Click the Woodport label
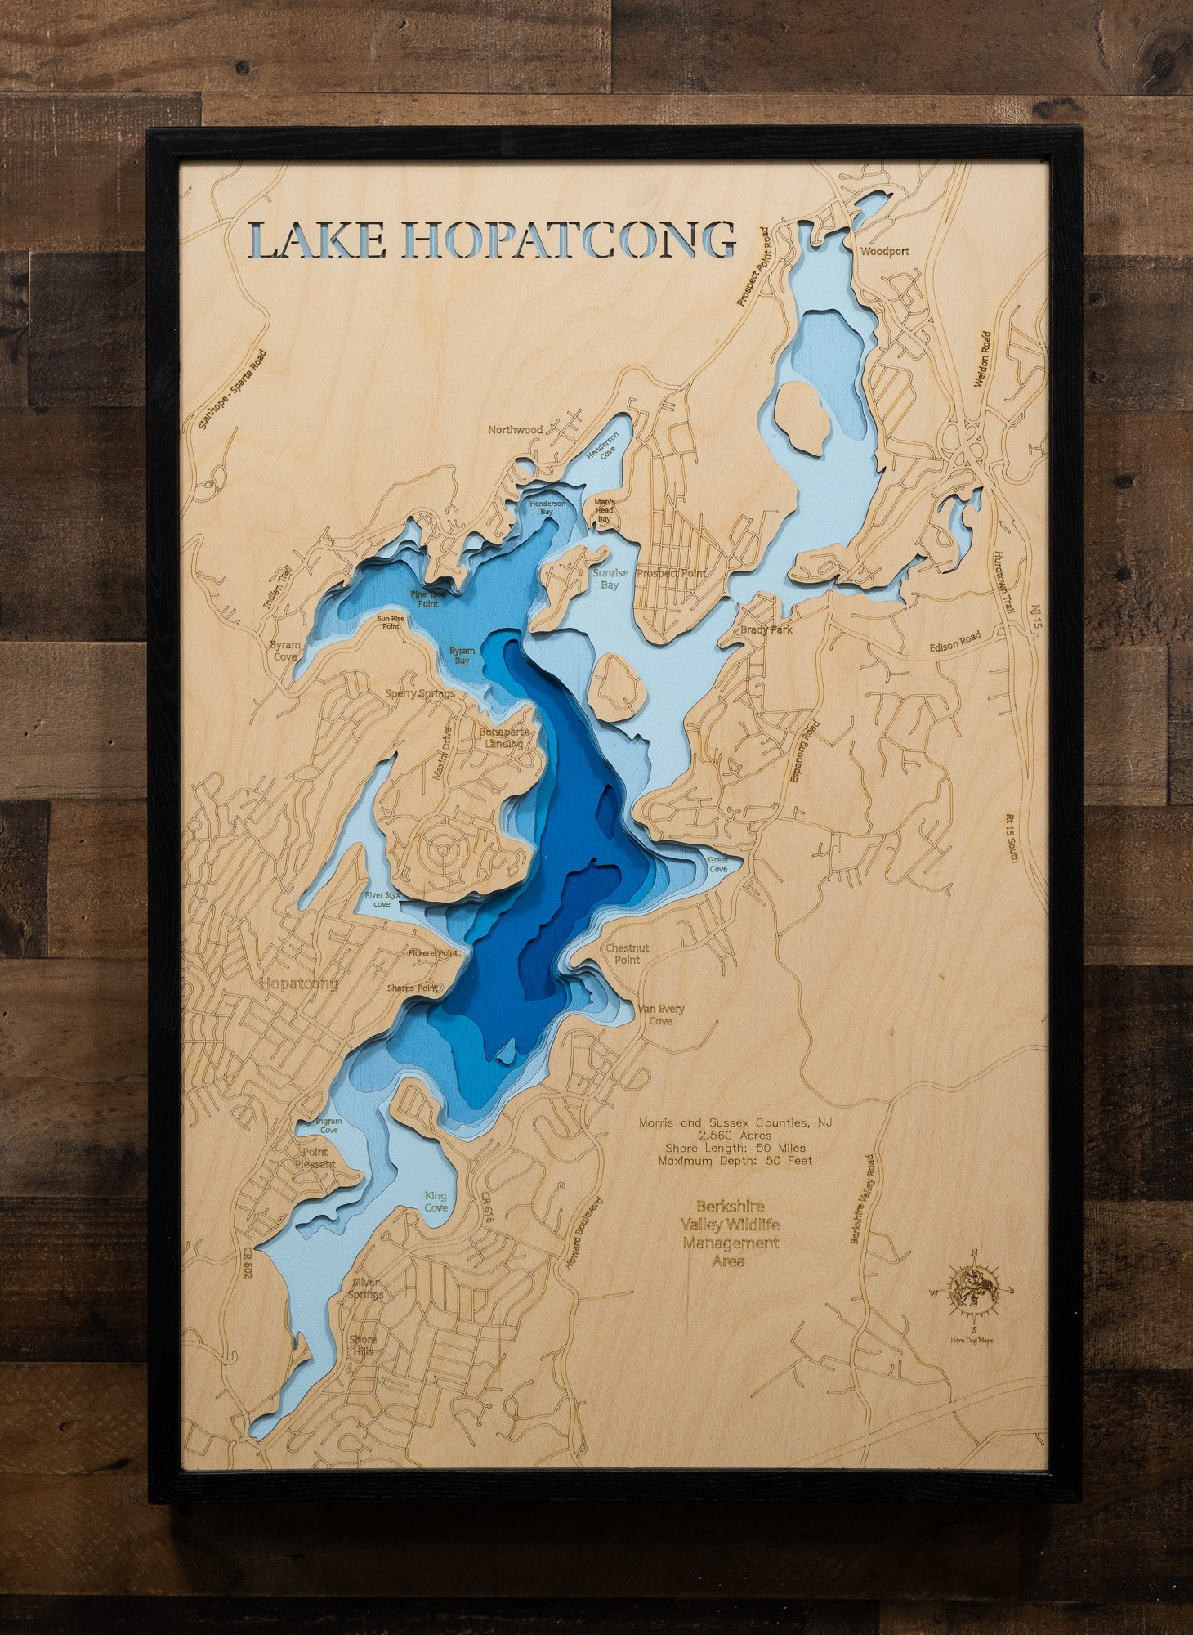click(x=884, y=252)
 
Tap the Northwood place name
click(x=515, y=429)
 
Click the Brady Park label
click(x=766, y=630)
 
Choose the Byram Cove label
click(x=285, y=651)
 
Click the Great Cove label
click(x=717, y=864)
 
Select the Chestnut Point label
click(x=627, y=954)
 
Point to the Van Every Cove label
click(x=661, y=1015)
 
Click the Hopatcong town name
click(x=298, y=983)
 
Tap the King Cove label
click(x=436, y=1202)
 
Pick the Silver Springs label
click(x=364, y=1289)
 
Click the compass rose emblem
click(x=972, y=1294)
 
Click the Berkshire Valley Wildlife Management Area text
click(x=729, y=1233)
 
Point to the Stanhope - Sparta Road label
click(x=233, y=391)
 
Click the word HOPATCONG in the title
click(x=570, y=240)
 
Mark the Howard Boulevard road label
click(x=584, y=1234)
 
